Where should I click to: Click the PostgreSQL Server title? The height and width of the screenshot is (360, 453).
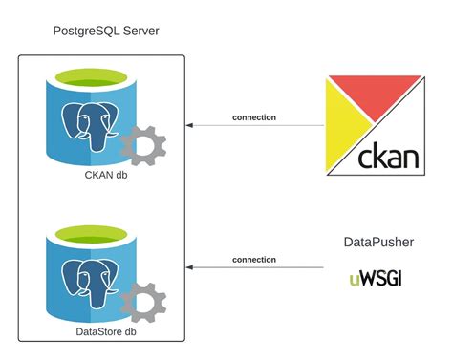[x=105, y=32]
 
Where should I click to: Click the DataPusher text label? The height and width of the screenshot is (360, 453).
[x=378, y=243]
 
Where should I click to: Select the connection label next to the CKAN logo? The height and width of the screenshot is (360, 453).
[x=254, y=117]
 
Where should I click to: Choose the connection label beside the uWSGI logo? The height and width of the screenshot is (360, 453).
[x=254, y=260]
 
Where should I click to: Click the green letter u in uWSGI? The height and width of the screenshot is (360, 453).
[x=355, y=281]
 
